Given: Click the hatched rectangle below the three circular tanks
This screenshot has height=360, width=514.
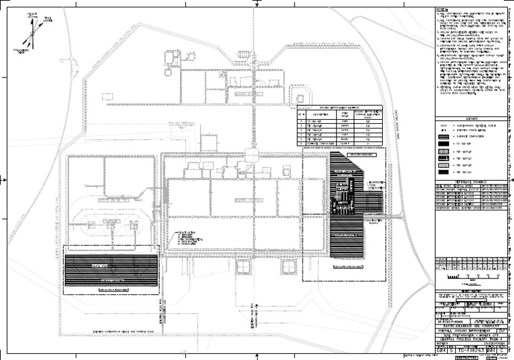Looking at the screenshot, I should (x=111, y=270).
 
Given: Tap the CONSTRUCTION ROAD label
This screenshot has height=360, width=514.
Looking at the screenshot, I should (x=373, y=221).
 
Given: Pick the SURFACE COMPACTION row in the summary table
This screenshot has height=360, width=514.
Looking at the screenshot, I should (x=323, y=143).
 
